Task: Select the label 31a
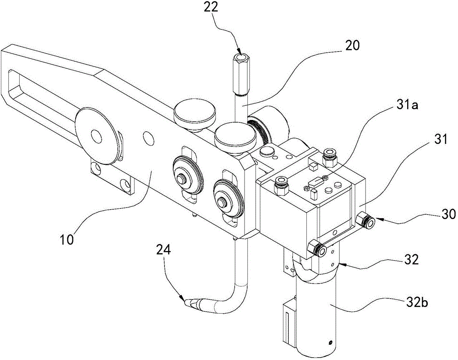click(406, 105)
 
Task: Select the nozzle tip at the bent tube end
click(190, 303)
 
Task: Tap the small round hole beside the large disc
click(148, 137)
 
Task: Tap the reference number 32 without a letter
click(411, 259)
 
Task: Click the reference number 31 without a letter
click(441, 140)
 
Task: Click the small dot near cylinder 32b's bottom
click(330, 343)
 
